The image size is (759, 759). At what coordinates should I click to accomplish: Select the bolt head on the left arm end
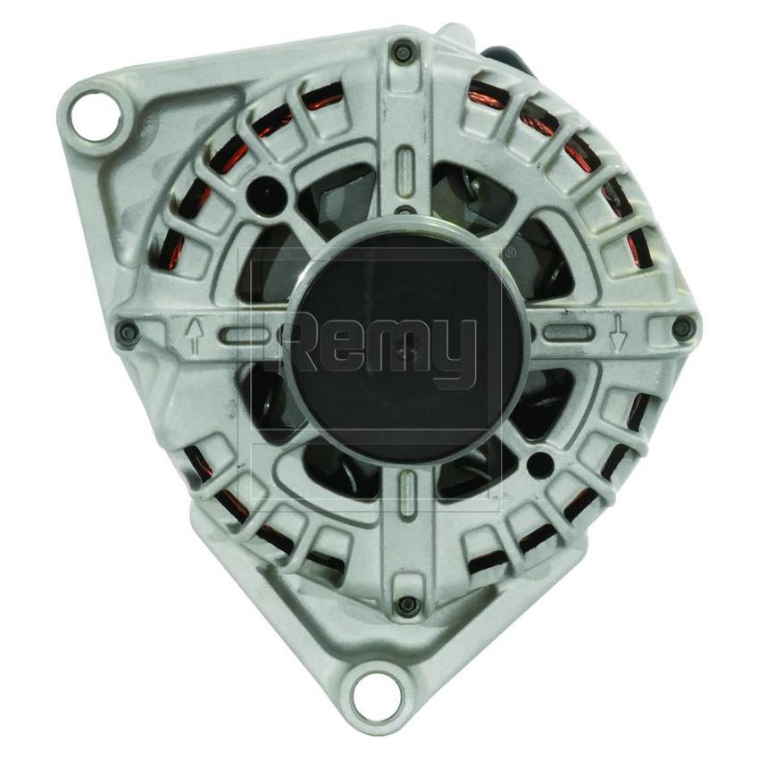pyautogui.click(x=128, y=333)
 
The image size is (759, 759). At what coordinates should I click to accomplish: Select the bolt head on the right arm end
pyautogui.click(x=683, y=328)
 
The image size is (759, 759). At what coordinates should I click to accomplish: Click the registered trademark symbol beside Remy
pyautogui.click(x=509, y=254)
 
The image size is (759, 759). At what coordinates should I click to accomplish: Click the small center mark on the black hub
pyautogui.click(x=407, y=354)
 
